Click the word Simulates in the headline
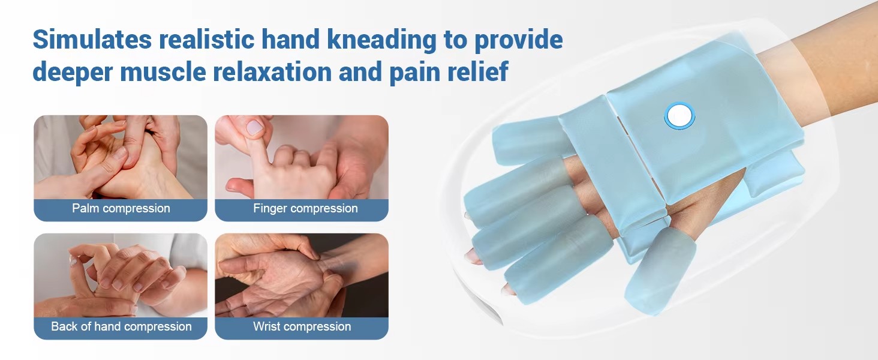click(92, 40)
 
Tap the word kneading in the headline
click(382, 40)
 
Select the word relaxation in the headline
click(272, 72)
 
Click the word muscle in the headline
click(163, 72)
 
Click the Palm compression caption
click(121, 208)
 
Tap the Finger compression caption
click(305, 208)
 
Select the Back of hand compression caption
click(121, 326)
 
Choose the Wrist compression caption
click(302, 326)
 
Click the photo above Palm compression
click(121, 157)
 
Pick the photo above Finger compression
click(302, 157)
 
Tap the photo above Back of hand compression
click(121, 275)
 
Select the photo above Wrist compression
click(302, 275)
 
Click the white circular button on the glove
click(679, 115)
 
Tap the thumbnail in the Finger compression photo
click(254, 127)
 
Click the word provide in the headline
click(519, 40)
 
